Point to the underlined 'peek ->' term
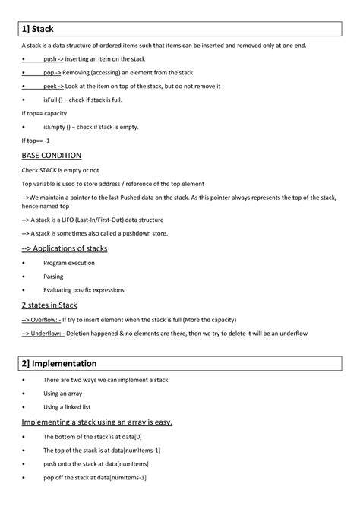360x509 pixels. click(54, 87)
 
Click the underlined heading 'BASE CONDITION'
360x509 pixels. click(50, 155)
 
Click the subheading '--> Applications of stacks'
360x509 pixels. click(64, 248)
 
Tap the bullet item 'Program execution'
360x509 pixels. click(69, 263)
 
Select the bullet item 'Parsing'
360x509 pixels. click(54, 277)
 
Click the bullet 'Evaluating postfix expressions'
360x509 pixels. click(84, 290)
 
